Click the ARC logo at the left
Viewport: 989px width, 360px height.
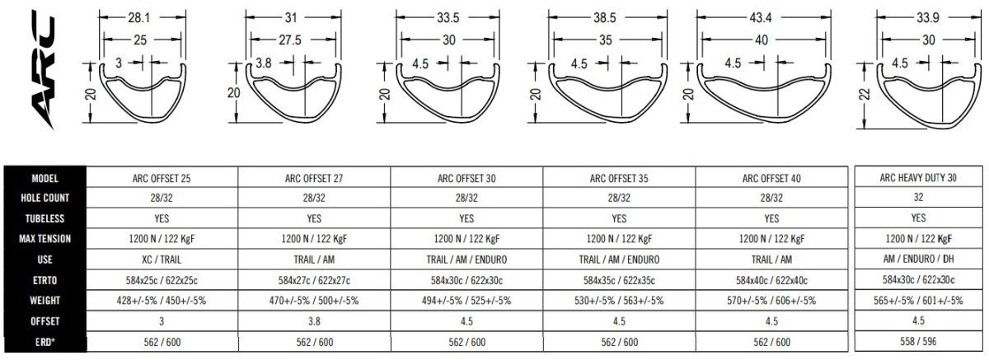pyautogui.click(x=43, y=69)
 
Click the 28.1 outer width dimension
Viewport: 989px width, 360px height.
pyautogui.click(x=139, y=17)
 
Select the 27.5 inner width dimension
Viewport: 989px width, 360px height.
pyautogui.click(x=289, y=40)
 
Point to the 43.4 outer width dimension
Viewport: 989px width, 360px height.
pyautogui.click(x=760, y=17)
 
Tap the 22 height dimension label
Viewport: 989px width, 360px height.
pyautogui.click(x=865, y=95)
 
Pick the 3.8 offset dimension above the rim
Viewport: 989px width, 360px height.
pyautogui.click(x=264, y=63)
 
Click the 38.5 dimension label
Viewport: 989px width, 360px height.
pyautogui.click(x=604, y=17)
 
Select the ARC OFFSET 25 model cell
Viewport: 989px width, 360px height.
pyautogui.click(x=162, y=178)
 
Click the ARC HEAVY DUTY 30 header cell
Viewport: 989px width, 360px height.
pyautogui.click(x=918, y=177)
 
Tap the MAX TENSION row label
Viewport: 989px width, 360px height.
pyautogui.click(x=45, y=239)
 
